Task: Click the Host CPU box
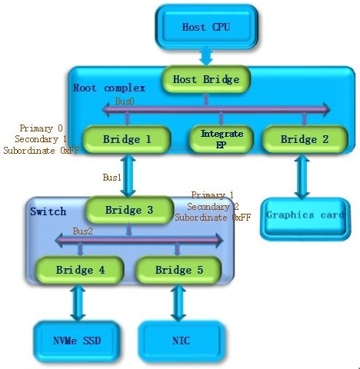[x=206, y=27]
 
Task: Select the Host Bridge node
[x=206, y=79]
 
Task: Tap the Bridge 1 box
[x=127, y=139]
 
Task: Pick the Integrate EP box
[x=222, y=139]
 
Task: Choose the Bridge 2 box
[x=305, y=139]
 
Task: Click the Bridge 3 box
[x=129, y=210]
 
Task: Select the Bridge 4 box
[x=80, y=270]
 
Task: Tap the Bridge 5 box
[x=178, y=270]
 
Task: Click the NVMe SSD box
[x=77, y=341]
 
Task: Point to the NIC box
[x=182, y=341]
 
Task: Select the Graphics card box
[x=305, y=218]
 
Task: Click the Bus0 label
[x=125, y=101]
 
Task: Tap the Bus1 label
[x=112, y=178]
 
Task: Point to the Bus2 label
[x=82, y=231]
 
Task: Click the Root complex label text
[x=109, y=88]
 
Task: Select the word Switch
[x=48, y=211]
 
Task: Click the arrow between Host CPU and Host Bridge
[x=206, y=57]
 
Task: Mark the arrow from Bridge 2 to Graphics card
[x=302, y=176]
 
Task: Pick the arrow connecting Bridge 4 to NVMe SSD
[x=78, y=303]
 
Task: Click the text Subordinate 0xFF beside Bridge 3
[x=212, y=218]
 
